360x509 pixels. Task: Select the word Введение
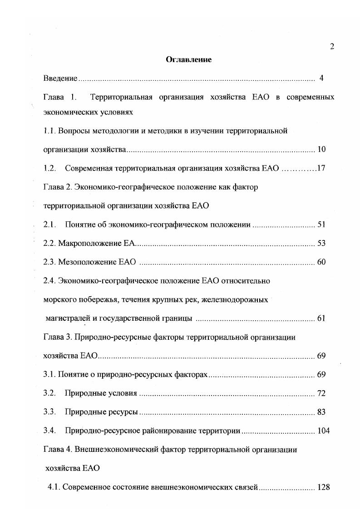coord(60,78)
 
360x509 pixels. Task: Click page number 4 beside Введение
coord(321,78)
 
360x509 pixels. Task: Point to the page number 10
coord(321,149)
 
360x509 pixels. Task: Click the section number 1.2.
coord(49,168)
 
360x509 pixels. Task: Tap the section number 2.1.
coord(49,225)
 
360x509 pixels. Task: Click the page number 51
coord(321,225)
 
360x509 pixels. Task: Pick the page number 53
coord(321,244)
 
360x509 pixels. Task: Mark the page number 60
coord(321,262)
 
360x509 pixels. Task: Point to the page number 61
coord(321,318)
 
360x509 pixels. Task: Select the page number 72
coord(321,393)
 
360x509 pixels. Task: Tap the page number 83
coord(321,412)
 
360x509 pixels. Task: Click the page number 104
coord(323,431)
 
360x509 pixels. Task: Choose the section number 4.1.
coord(54,488)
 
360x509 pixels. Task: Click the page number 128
coord(323,488)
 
